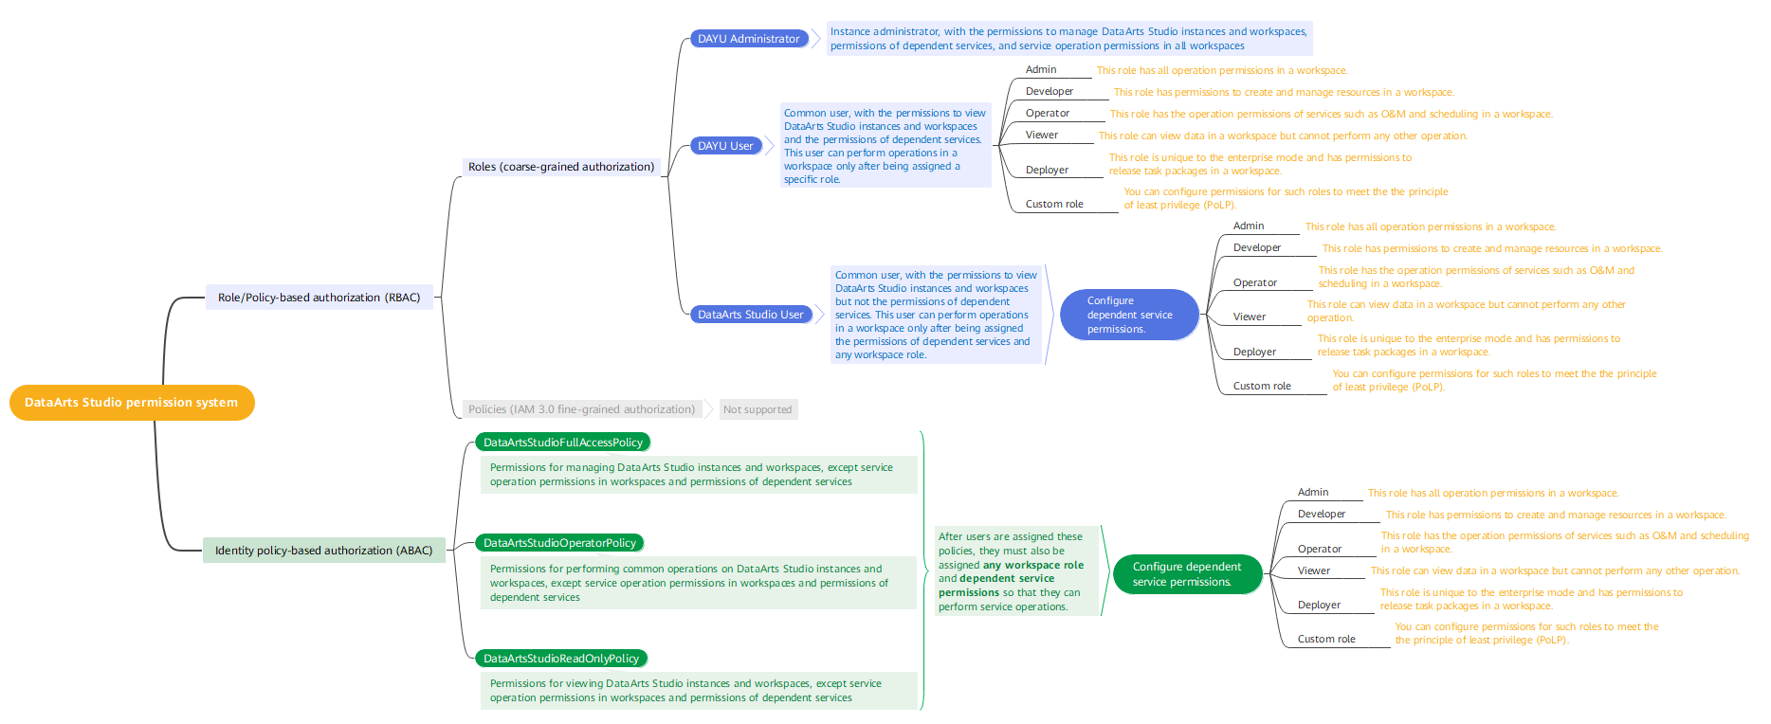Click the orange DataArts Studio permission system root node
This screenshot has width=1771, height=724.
[x=132, y=403]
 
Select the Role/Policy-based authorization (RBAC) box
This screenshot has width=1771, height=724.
[x=319, y=298]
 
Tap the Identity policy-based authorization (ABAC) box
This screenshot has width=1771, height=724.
[x=323, y=551]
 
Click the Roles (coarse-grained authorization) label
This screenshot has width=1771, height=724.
[x=561, y=167]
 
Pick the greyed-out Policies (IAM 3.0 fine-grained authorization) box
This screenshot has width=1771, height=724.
[x=581, y=409]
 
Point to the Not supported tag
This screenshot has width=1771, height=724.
[x=758, y=409]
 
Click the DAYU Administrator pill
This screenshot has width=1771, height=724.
[x=749, y=39]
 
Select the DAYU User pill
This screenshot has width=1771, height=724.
[x=725, y=146]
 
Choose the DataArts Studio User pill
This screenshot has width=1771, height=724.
[x=750, y=315]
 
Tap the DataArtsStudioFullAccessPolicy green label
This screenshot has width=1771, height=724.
[x=563, y=443]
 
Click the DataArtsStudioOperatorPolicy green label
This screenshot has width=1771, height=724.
[x=559, y=543]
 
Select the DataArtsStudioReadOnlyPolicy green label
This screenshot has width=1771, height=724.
[x=561, y=659]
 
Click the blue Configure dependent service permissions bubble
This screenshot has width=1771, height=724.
[x=1129, y=315]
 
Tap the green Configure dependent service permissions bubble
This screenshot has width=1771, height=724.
[x=1187, y=574]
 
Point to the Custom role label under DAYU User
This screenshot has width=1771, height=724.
[x=1054, y=204]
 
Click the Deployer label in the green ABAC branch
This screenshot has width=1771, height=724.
[x=1319, y=605]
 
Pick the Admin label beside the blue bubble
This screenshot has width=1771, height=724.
[x=1249, y=226]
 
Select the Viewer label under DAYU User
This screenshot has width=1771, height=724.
[x=1042, y=135]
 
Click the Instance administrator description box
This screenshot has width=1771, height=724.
[x=1068, y=39]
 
